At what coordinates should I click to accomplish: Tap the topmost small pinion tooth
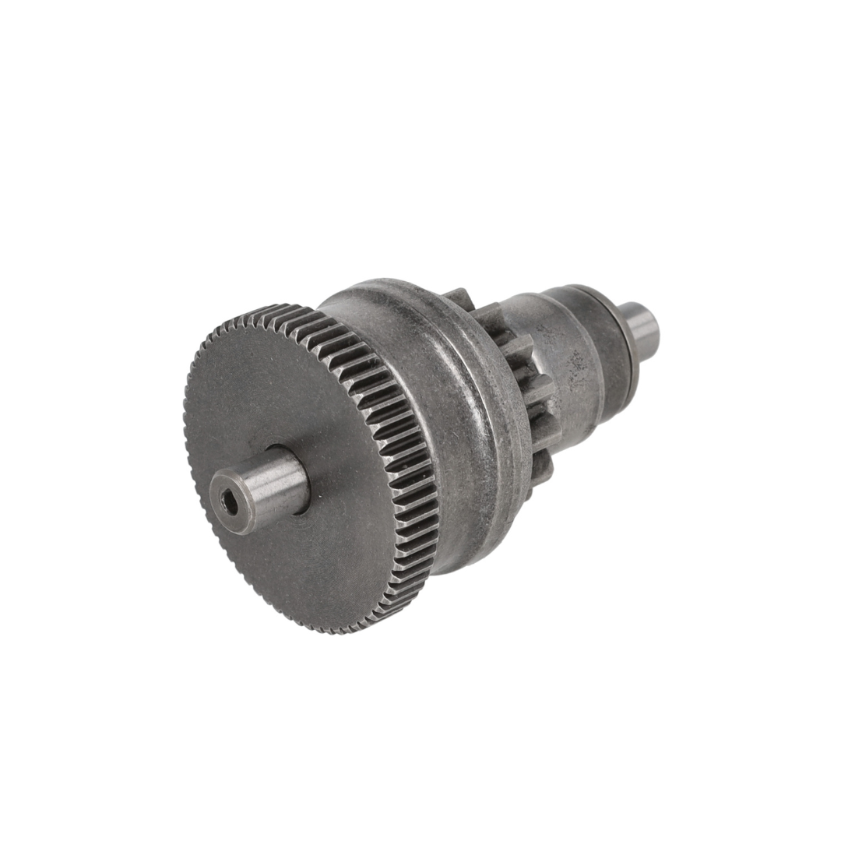pos(459,297)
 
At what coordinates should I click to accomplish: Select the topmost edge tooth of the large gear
pos(269,307)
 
